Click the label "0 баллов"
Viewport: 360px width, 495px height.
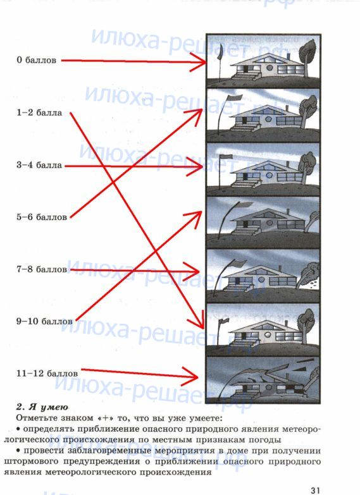click(36, 60)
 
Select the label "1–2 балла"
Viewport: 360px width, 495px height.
click(39, 113)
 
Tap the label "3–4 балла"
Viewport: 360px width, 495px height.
click(39, 165)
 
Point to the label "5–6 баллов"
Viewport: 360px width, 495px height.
click(42, 217)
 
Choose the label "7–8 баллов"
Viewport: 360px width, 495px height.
click(42, 269)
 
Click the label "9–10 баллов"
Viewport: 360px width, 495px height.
click(44, 321)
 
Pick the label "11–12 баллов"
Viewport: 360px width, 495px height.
click(47, 374)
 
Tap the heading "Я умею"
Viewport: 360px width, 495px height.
click(49, 407)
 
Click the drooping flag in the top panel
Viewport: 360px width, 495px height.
click(220, 52)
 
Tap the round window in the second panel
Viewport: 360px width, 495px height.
click(268, 119)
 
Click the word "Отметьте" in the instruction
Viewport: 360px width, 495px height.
click(35, 419)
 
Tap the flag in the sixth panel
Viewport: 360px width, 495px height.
click(224, 321)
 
